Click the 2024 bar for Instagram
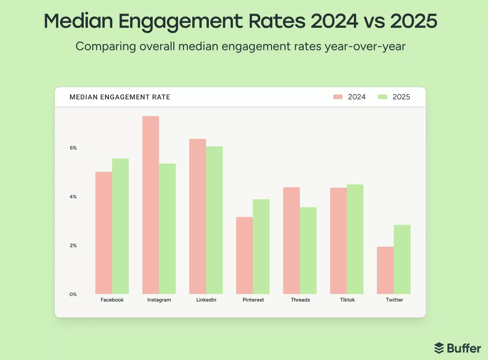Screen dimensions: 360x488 pyautogui.click(x=151, y=205)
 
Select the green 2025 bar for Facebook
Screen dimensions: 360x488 pyautogui.click(x=120, y=226)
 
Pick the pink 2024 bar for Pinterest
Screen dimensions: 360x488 pyautogui.click(x=244, y=255)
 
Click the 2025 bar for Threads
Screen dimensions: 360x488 pyautogui.click(x=308, y=251)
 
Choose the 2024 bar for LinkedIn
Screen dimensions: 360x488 pyautogui.click(x=197, y=216)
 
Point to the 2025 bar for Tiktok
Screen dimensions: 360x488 pyautogui.click(x=355, y=239)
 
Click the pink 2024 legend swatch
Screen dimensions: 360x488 pyautogui.click(x=338, y=97)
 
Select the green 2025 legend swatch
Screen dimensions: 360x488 pyautogui.click(x=382, y=97)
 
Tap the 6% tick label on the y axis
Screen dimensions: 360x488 pyautogui.click(x=73, y=148)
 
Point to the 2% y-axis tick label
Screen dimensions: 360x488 pyautogui.click(x=73, y=246)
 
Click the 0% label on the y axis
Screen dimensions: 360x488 pyautogui.click(x=73, y=294)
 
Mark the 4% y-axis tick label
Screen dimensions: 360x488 pyautogui.click(x=73, y=197)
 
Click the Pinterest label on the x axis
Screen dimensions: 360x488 pyautogui.click(x=253, y=300)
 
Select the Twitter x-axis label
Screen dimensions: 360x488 pyautogui.click(x=394, y=300)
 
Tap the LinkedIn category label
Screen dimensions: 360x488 pyautogui.click(x=206, y=300)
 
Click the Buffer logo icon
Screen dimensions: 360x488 pyautogui.click(x=439, y=348)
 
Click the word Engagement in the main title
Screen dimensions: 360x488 pyautogui.click(x=180, y=21)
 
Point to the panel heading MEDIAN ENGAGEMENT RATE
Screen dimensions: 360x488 pyautogui.click(x=120, y=97)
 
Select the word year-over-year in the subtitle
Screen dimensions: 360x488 pyautogui.click(x=365, y=47)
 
